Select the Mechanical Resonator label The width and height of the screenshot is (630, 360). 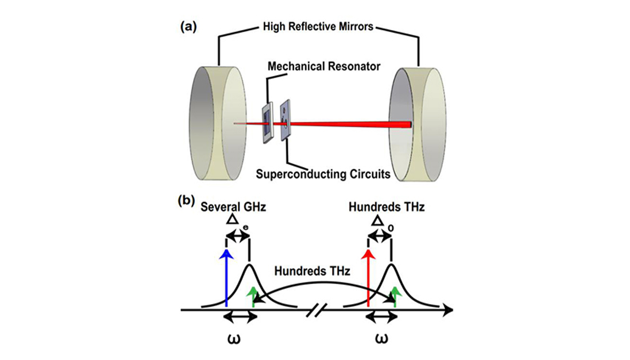[324, 67]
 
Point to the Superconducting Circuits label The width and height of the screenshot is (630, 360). [323, 174]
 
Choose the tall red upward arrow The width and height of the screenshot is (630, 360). [368, 279]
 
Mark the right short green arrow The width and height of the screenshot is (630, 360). [396, 297]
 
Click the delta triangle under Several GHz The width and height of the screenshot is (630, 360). [232, 219]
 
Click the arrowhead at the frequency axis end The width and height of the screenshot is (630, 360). [448, 310]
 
